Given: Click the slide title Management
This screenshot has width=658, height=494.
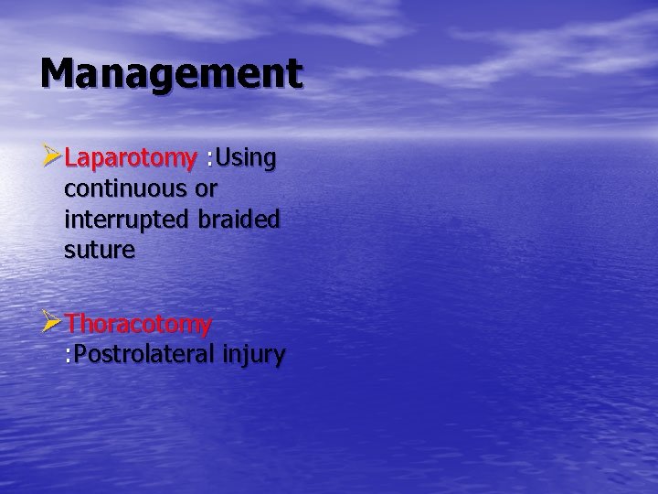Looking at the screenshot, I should pyautogui.click(x=171, y=74).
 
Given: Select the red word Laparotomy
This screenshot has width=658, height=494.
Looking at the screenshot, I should pyautogui.click(x=130, y=158).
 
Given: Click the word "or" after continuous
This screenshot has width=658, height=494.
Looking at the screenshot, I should pyautogui.click(x=207, y=190).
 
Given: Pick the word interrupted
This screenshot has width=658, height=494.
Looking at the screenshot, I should pyautogui.click(x=121, y=220).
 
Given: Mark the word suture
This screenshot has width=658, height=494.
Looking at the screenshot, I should pyautogui.click(x=99, y=250).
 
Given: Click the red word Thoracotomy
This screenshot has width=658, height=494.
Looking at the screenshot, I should pyautogui.click(x=139, y=324).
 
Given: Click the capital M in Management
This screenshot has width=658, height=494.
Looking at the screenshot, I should pyautogui.click(x=57, y=72).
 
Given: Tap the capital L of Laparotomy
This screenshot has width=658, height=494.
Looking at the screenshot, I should pyautogui.click(x=71, y=158).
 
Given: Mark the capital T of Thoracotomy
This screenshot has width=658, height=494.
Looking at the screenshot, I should pyautogui.click(x=73, y=324).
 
